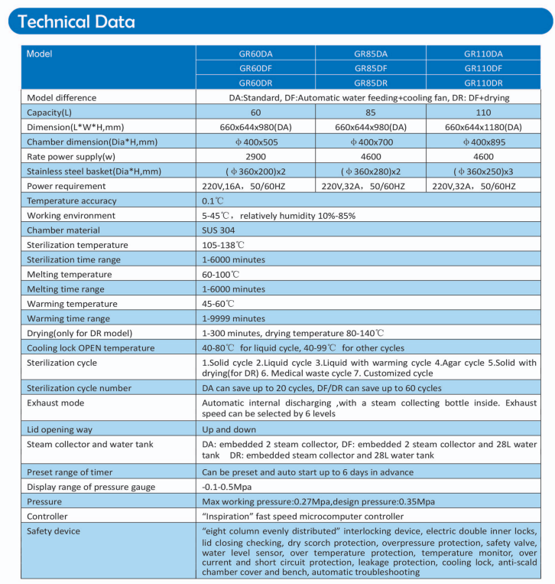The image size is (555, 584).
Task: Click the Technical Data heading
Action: (76, 21)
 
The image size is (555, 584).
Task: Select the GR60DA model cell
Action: (255, 54)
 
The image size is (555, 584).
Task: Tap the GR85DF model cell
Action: (370, 68)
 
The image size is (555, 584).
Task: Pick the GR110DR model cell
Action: (483, 82)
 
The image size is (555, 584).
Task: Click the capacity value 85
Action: (370, 112)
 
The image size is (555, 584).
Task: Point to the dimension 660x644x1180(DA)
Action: (483, 127)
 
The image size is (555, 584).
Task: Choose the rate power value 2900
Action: (255, 156)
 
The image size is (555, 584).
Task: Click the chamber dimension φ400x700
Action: (370, 142)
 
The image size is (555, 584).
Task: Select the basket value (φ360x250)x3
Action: (483, 171)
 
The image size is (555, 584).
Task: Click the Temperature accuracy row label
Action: (72, 201)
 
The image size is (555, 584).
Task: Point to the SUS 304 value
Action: (218, 230)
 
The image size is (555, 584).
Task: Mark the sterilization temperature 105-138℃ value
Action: (223, 245)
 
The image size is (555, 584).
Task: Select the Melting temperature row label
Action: (69, 274)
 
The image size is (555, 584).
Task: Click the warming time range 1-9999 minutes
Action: (233, 318)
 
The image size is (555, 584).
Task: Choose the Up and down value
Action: (228, 430)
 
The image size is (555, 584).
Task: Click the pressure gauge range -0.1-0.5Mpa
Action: (227, 488)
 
